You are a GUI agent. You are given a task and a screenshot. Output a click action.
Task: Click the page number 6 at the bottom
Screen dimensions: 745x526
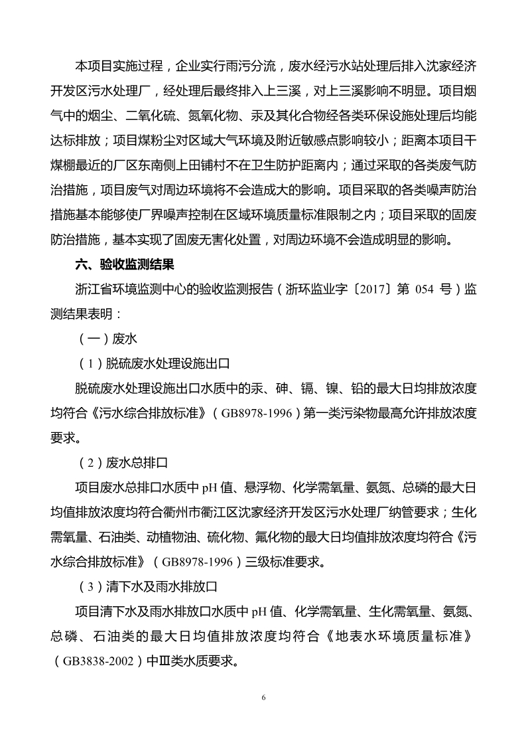point(263,697)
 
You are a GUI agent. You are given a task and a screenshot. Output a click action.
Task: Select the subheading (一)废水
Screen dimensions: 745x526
point(107,339)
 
